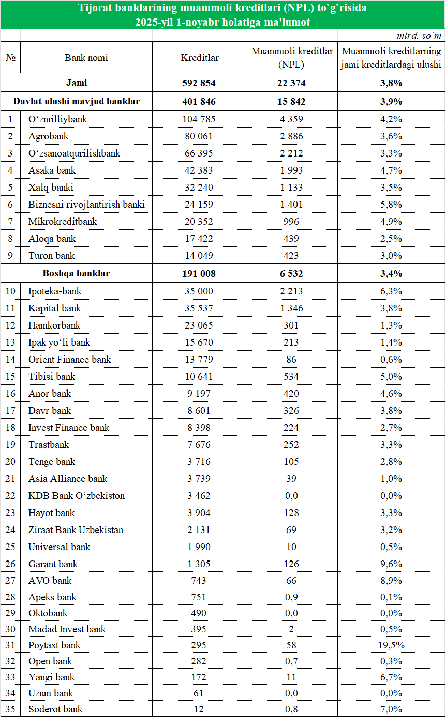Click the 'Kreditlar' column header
(200, 58)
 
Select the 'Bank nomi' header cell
(86, 58)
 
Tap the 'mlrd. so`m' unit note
(419, 36)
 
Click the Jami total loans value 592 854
(199, 83)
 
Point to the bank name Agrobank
(48, 136)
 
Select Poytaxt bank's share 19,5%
(391, 645)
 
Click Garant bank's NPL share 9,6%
(391, 564)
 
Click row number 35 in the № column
(10, 709)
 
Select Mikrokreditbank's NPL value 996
(291, 222)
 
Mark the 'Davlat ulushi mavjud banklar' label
(76, 102)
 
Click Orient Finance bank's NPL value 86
(291, 360)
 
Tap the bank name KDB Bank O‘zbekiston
(77, 496)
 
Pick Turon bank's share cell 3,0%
(391, 256)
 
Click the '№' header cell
(10, 58)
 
